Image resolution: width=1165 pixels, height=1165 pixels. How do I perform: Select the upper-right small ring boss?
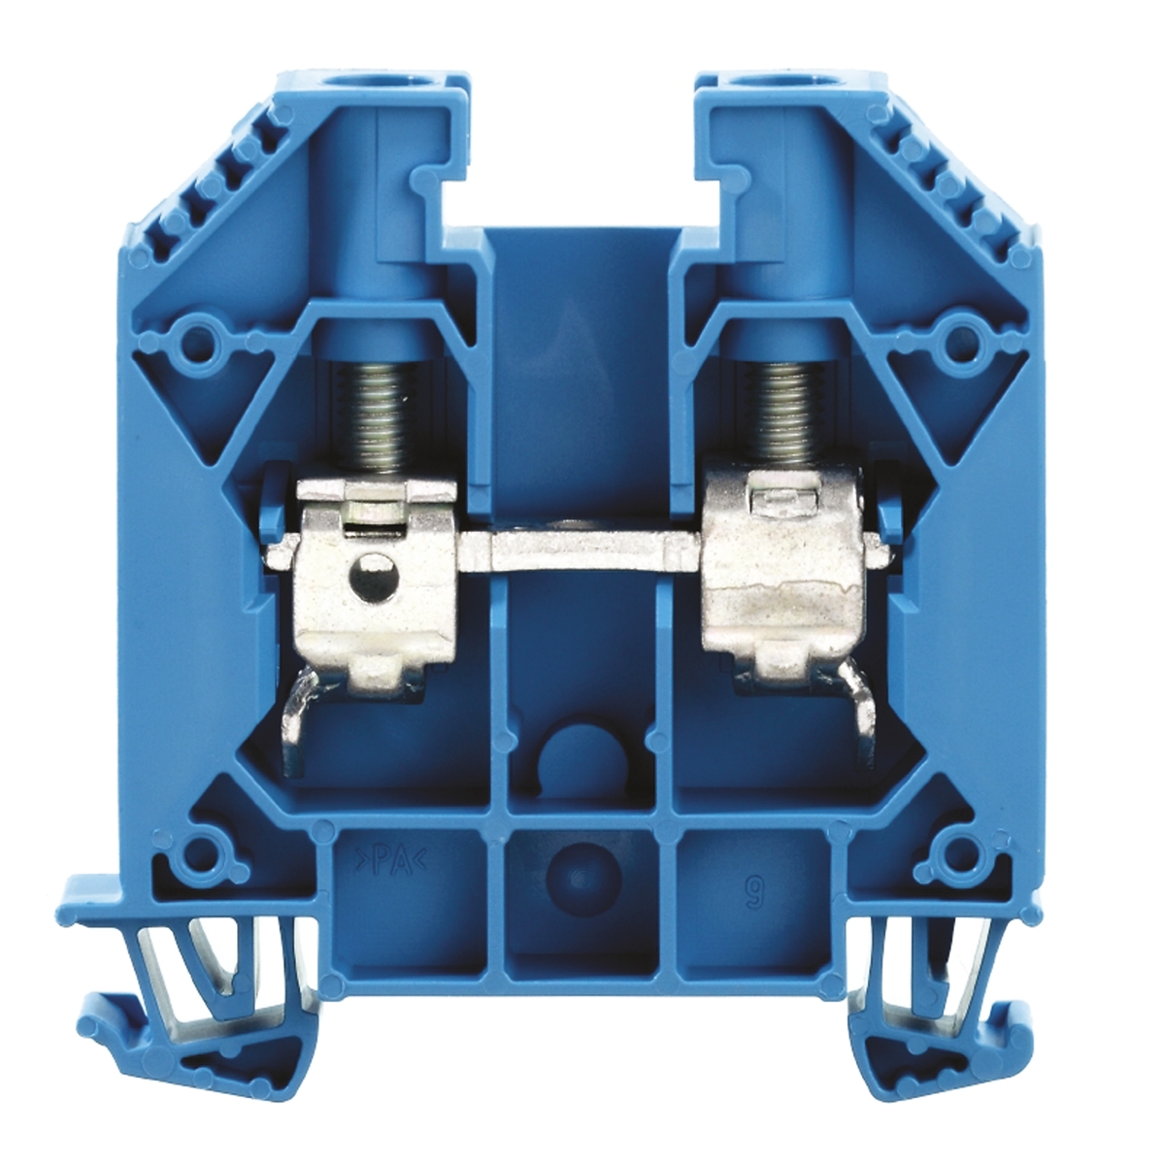[x=963, y=340]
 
